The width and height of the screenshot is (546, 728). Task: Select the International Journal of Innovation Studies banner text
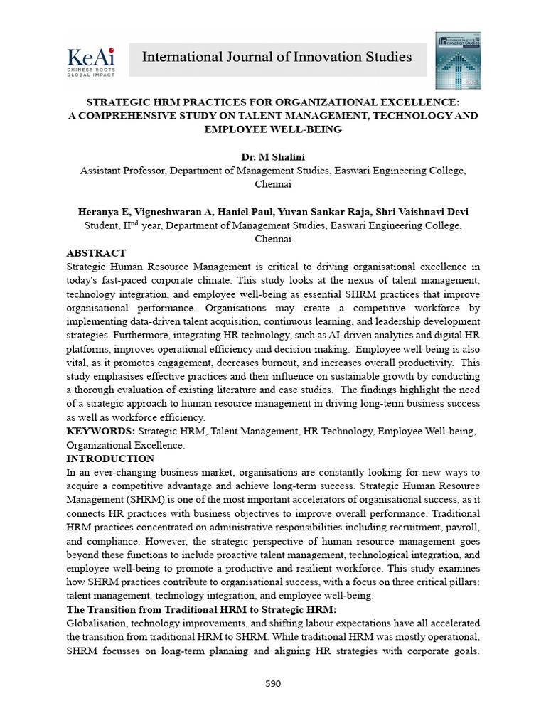277,57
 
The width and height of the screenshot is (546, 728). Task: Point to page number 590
273,684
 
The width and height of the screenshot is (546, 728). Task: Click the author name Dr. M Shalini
272,156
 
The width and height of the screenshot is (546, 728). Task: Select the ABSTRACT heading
96,253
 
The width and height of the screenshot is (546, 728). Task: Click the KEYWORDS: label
100,432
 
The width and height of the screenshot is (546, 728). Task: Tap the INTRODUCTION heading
110,459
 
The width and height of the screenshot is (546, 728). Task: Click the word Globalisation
97,623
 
